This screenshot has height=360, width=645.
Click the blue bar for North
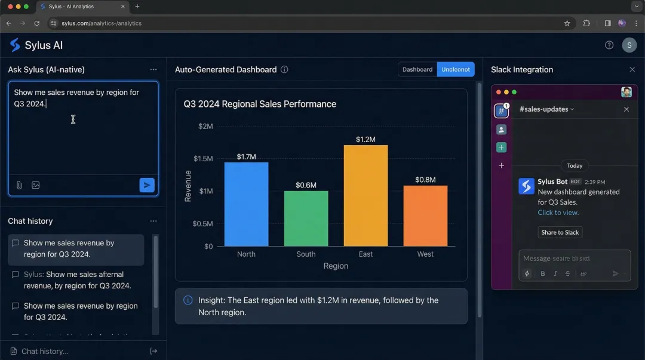click(246, 204)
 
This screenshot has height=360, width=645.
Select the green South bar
click(306, 219)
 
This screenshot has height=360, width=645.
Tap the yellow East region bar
click(365, 196)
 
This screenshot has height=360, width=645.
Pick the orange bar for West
click(425, 216)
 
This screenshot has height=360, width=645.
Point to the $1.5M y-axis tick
click(203, 159)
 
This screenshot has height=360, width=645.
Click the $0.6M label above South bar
click(306, 185)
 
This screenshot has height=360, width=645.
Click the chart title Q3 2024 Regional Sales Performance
click(260, 104)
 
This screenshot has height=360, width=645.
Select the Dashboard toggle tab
click(417, 69)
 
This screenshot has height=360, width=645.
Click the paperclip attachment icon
click(19, 185)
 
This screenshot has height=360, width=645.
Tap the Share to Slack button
click(560, 232)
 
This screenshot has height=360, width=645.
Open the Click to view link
click(558, 213)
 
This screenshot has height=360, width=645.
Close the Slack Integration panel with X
click(632, 70)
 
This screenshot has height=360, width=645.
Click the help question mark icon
click(609, 45)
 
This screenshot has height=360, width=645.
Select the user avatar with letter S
click(629, 45)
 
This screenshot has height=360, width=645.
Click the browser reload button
click(37, 23)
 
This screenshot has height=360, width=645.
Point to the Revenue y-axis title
click(188, 186)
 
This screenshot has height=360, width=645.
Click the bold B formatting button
click(543, 273)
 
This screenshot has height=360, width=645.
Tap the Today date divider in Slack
click(575, 165)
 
